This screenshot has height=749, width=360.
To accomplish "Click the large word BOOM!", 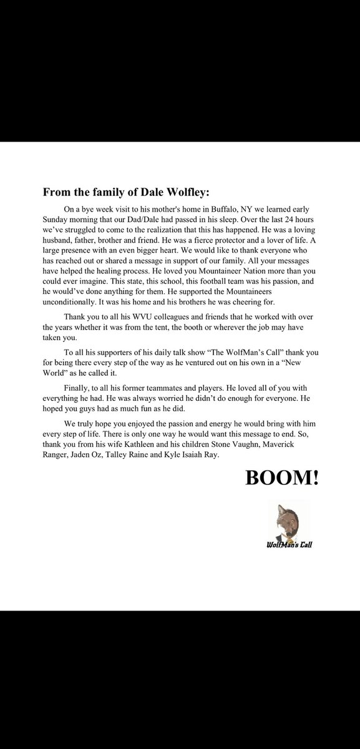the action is point(281,478).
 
